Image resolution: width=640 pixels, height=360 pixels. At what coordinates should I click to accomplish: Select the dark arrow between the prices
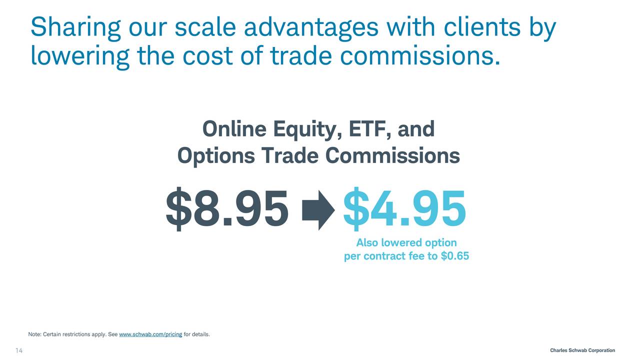click(318, 210)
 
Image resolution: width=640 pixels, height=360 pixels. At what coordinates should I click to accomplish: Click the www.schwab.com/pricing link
click(150, 334)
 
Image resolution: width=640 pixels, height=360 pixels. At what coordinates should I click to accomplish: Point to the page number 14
click(19, 350)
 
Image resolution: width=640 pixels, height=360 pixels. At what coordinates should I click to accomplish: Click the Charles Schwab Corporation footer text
click(582, 350)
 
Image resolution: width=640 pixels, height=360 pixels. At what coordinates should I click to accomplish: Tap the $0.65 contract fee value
click(455, 255)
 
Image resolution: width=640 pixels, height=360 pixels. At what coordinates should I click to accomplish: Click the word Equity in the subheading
click(307, 130)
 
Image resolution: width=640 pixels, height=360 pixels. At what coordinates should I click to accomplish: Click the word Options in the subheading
click(216, 156)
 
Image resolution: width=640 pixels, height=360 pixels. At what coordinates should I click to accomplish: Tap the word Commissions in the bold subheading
click(392, 155)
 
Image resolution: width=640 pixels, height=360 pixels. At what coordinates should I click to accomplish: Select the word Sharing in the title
click(75, 27)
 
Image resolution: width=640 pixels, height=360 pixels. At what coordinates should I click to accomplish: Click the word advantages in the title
click(311, 27)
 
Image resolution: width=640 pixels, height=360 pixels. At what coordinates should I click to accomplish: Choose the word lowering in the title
click(80, 56)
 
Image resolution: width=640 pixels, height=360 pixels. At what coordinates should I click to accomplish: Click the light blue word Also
click(367, 242)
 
